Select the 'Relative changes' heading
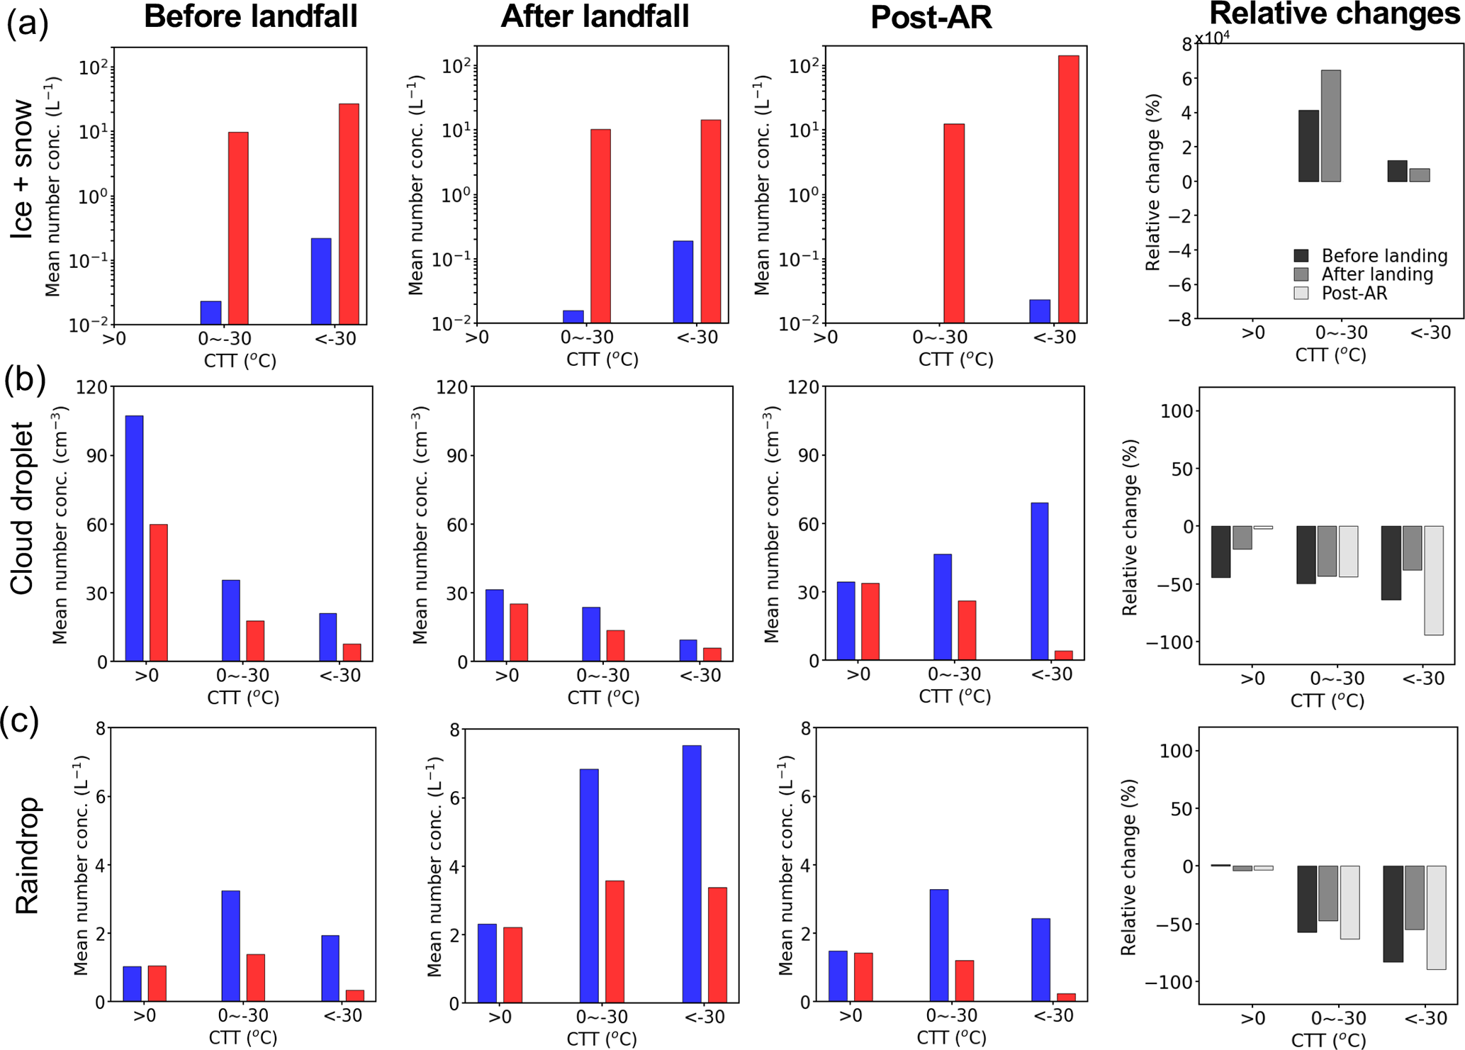1335,14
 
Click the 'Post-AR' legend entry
1354,294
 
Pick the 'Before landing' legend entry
1384,256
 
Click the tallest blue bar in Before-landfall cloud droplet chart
135,538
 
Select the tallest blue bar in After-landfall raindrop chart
692,873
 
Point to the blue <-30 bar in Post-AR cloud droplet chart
1040,581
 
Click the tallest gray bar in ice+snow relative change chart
1330,126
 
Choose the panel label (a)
27,23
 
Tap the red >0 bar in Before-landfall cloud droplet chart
159,593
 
